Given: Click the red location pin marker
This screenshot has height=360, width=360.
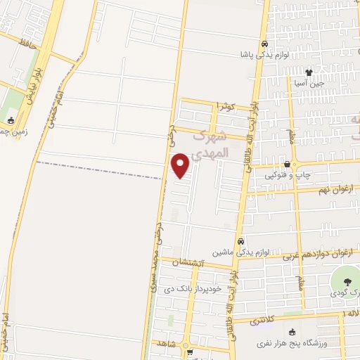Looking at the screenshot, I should click(181, 165).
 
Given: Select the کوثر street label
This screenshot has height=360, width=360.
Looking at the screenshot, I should click(224, 106).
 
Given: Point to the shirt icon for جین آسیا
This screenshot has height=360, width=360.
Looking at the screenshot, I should click(308, 72).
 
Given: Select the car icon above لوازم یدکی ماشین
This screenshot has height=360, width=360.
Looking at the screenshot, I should click(240, 240).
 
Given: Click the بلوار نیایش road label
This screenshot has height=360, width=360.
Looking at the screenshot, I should click(34, 86).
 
